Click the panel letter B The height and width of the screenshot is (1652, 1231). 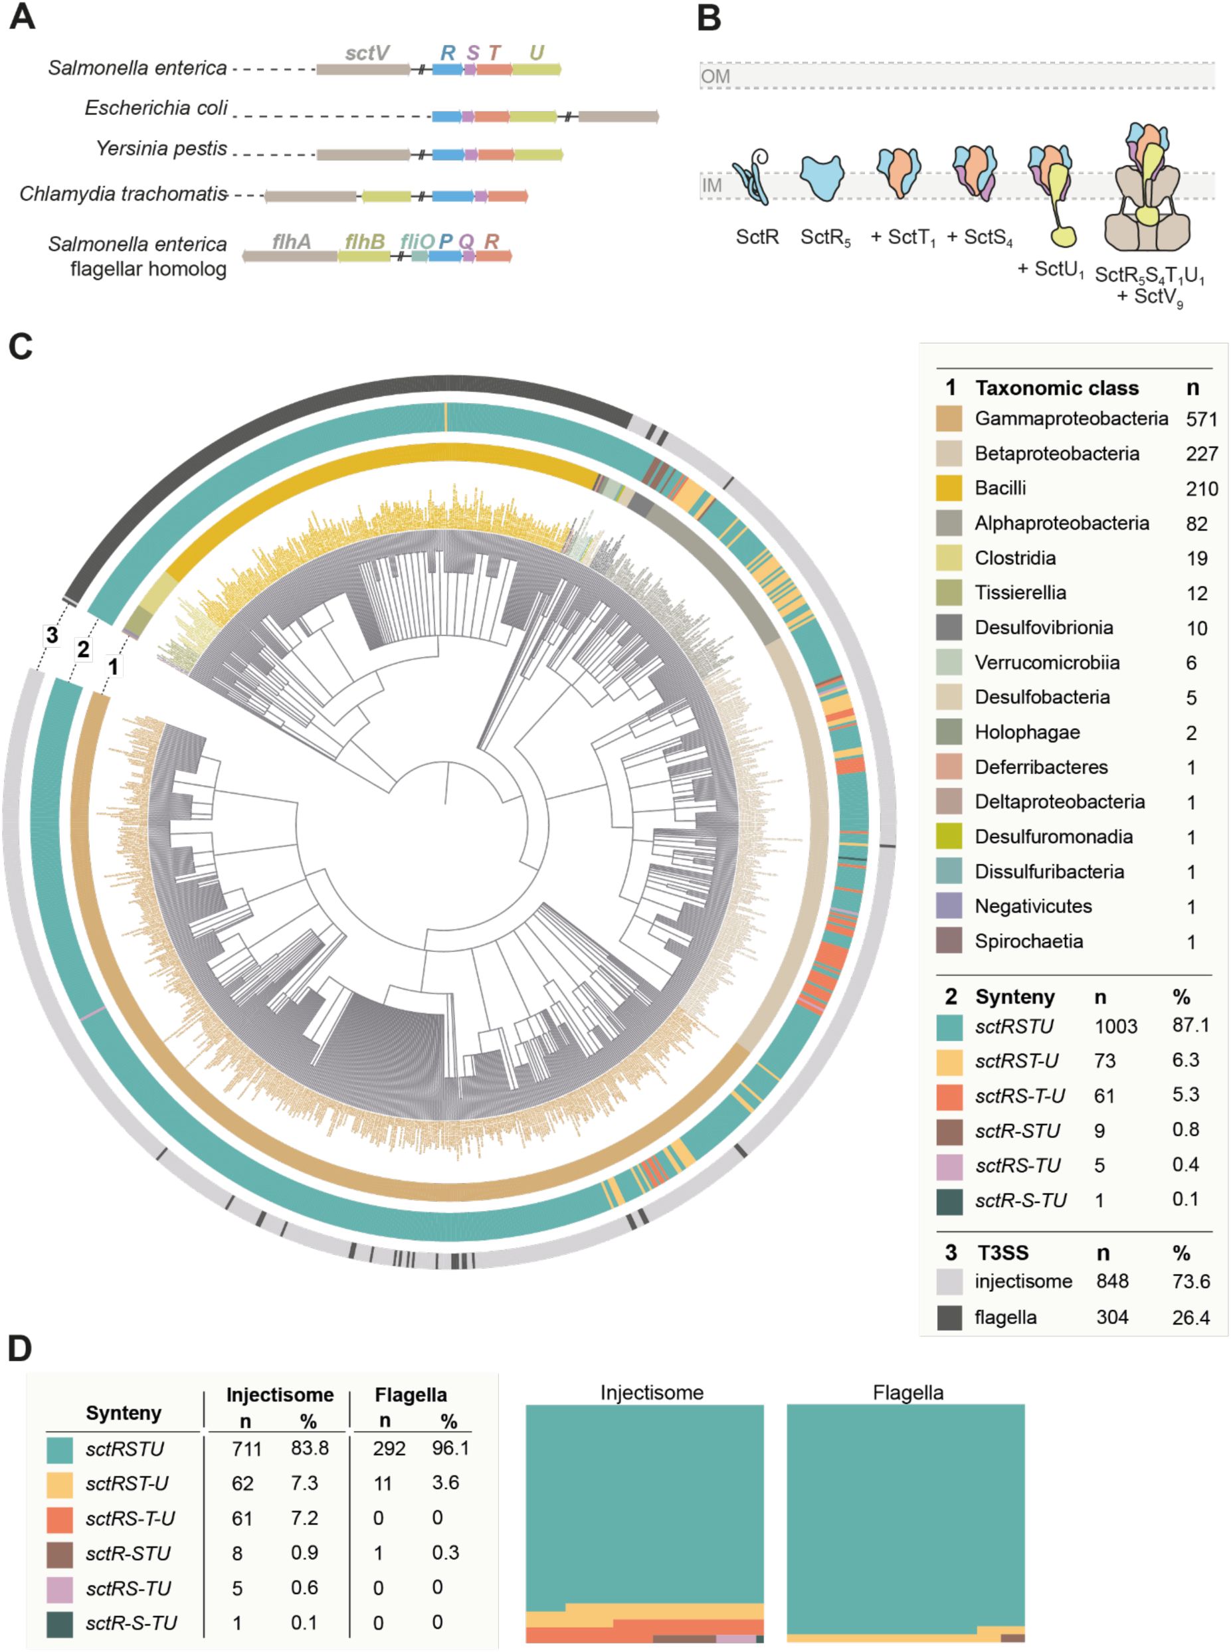pyautogui.click(x=708, y=18)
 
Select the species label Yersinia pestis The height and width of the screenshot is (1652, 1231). pyautogui.click(x=161, y=148)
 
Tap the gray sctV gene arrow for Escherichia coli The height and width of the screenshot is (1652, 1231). pyautogui.click(x=618, y=116)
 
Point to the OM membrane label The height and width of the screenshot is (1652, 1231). pyautogui.click(x=715, y=76)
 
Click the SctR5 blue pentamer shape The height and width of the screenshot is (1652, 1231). pyautogui.click(x=822, y=178)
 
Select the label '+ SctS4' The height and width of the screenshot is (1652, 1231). pyautogui.click(x=979, y=237)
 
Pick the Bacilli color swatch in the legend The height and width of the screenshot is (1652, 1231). pyautogui.click(x=949, y=488)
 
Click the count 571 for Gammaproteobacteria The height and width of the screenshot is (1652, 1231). pyautogui.click(x=1201, y=418)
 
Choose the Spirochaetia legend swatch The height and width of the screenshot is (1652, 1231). pyautogui.click(x=949, y=941)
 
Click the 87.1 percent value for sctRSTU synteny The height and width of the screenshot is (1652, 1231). pyautogui.click(x=1190, y=1026)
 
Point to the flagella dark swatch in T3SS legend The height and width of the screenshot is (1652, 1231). pyautogui.click(x=949, y=1317)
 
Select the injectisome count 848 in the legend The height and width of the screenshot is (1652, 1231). pyautogui.click(x=1112, y=1281)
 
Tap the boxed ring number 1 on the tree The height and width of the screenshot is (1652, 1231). pyautogui.click(x=113, y=666)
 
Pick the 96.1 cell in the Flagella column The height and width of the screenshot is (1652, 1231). pyautogui.click(x=450, y=1448)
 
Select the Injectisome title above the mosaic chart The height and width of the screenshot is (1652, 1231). pyautogui.click(x=651, y=1392)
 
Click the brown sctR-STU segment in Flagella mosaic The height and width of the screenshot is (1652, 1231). pyautogui.click(x=1012, y=1638)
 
